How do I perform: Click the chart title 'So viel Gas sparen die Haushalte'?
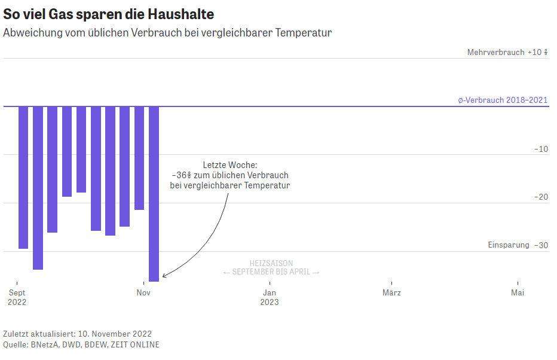108,14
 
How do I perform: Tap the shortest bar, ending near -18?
81,150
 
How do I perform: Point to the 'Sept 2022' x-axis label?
17,297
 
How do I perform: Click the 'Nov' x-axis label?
143,292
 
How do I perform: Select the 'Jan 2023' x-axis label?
270,297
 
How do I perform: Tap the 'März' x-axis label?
391,292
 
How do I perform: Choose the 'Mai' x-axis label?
518,292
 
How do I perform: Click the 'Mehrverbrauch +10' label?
507,52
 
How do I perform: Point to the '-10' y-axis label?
541,149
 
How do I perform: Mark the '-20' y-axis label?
541,197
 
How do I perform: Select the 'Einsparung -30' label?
518,245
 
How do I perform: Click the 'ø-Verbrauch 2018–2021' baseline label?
503,100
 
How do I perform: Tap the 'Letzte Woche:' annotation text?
229,164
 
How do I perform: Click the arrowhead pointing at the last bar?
164,276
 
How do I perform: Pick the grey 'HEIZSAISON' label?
271,263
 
